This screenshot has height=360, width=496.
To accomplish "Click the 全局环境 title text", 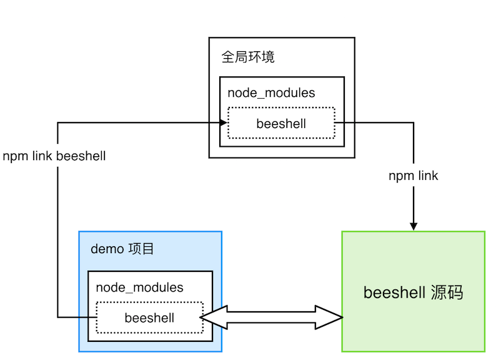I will coord(248,57).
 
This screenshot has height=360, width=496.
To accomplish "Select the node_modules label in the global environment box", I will coord(271,93).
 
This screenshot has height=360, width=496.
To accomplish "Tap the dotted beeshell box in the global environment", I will coord(281,123).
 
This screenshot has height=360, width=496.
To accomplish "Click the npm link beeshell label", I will coord(54,156).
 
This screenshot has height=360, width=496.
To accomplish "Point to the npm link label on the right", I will coord(413,176).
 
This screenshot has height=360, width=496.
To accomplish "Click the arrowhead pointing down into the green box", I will coord(413,226).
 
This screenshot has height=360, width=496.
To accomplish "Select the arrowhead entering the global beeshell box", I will coord(222,122).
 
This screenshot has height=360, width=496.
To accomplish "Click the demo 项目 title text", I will coord(122,249).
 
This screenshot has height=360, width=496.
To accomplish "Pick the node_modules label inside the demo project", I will coord(139,287).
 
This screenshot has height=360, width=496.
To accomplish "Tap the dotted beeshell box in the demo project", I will coord(149,317).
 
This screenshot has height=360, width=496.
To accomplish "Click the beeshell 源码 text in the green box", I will coord(413,292).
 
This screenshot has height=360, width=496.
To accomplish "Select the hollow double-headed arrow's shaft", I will coord(271,317).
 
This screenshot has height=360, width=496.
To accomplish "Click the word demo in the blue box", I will coord(107,249).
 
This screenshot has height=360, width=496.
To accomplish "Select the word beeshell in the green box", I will coord(394,292).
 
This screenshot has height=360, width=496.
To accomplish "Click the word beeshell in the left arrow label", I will coord(81,156).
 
